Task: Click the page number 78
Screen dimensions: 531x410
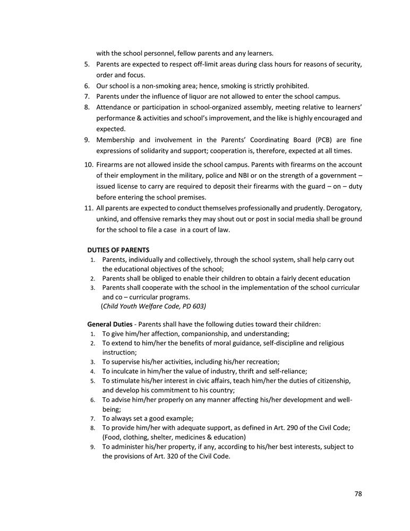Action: (358, 494)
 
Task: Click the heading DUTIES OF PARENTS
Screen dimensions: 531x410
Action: (118, 250)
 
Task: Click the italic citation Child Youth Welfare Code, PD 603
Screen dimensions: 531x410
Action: (154, 306)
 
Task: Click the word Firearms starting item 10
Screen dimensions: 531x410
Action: (112, 165)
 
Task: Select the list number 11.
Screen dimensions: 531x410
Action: (89, 208)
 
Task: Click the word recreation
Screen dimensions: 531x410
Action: (269, 362)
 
